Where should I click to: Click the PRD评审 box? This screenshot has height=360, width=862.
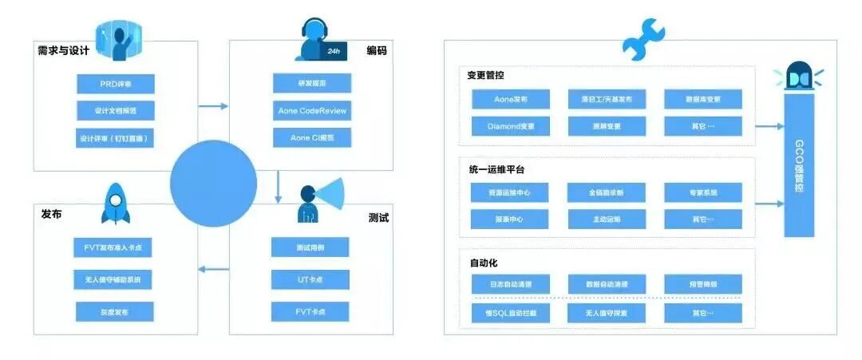coord(116,85)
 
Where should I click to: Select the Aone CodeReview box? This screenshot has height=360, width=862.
coord(312,110)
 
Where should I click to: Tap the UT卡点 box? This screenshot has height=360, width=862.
coord(310,280)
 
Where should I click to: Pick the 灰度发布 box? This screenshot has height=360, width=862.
coord(115,311)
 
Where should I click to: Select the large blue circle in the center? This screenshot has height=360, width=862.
coord(213,184)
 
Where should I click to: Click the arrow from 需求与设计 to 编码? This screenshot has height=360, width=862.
coord(213,105)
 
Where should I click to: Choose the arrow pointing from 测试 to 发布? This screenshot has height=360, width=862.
coord(213,268)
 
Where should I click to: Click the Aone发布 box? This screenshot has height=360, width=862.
coord(510,100)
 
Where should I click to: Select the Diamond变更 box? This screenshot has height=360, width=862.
coord(510,126)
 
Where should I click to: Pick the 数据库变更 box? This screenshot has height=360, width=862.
coord(702,100)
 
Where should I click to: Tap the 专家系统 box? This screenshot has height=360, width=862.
coord(702,192)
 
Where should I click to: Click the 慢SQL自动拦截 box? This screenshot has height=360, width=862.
coord(510,314)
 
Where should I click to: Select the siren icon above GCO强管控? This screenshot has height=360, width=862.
coord(798,77)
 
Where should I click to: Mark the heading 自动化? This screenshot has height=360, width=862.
coord(483,262)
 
